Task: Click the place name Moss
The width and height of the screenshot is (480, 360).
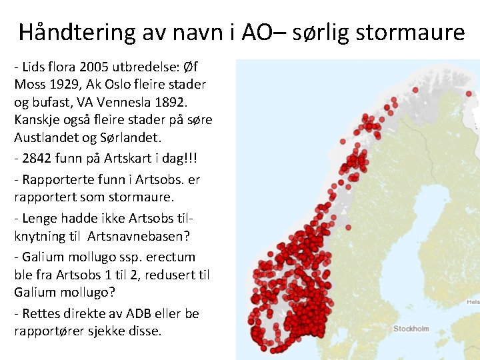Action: coord(30,85)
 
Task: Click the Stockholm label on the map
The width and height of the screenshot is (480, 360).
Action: coord(411,329)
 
